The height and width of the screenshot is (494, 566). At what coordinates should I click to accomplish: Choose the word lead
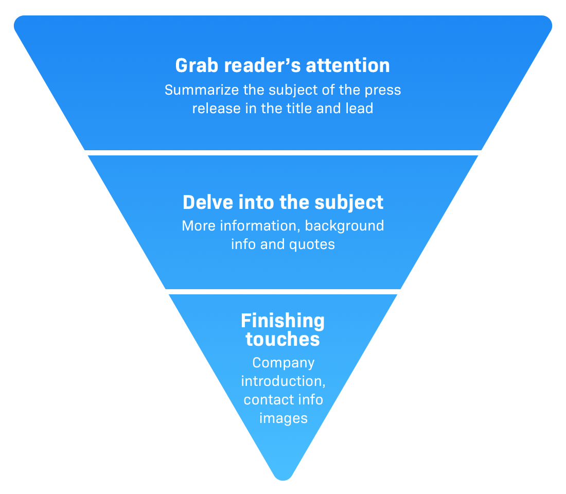point(359,109)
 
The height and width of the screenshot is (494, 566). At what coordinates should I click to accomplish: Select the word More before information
point(199,226)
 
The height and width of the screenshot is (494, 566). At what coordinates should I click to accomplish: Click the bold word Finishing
point(282,321)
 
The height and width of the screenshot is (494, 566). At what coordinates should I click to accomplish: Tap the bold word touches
point(282,340)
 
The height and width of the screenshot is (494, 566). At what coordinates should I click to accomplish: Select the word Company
point(283,363)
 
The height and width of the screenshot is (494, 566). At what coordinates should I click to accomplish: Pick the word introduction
point(282,382)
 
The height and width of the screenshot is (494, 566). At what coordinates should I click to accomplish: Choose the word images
point(283,418)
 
